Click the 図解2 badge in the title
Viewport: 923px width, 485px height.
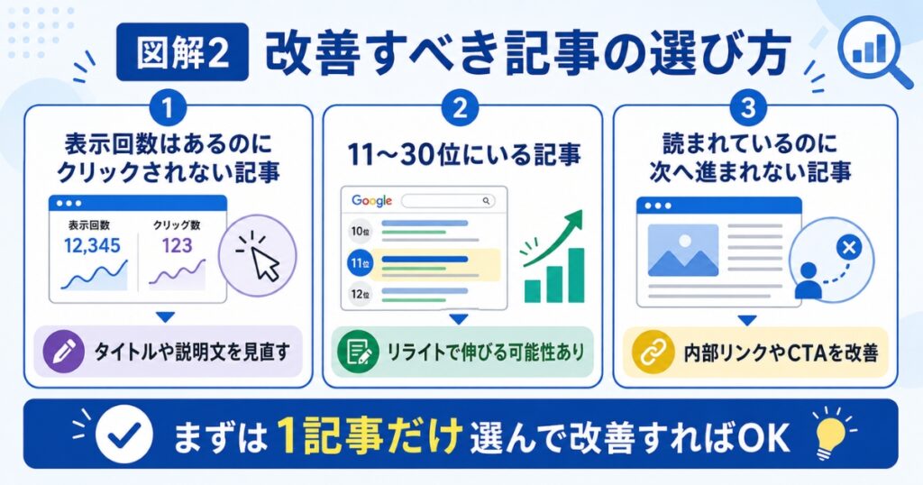pos(182,51)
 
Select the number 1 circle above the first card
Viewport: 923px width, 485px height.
pos(168,107)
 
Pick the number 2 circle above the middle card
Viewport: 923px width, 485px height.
pos(461,107)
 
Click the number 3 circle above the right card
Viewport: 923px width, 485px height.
pos(749,107)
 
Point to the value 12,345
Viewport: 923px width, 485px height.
pos(92,245)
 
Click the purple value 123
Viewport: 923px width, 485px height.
pos(178,245)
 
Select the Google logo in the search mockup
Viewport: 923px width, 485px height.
pos(372,201)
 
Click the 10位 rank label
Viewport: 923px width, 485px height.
pos(361,231)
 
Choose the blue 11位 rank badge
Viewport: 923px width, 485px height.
pos(361,263)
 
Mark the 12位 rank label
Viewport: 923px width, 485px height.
pos(361,294)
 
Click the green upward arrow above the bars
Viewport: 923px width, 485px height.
pos(553,237)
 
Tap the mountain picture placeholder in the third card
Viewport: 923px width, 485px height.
pos(683,250)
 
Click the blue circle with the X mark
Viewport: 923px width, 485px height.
pos(849,248)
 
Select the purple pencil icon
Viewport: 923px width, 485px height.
pos(64,352)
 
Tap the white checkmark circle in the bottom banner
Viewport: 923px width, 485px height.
pos(124,435)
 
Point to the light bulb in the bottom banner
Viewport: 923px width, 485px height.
pos(834,435)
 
